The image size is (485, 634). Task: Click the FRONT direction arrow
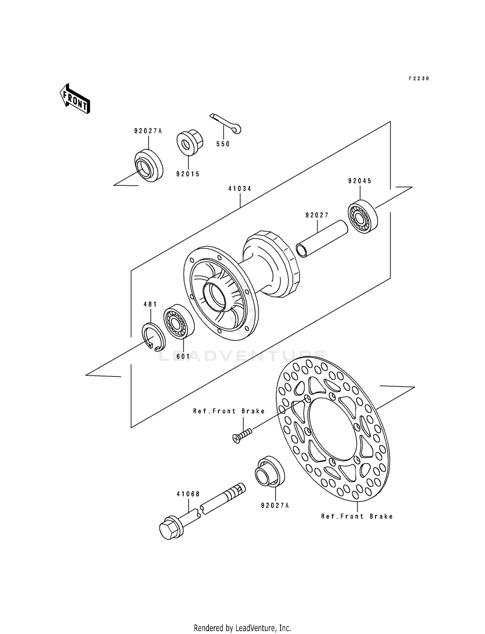(75, 98)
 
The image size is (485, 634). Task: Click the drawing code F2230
(419, 79)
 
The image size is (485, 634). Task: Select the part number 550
(223, 144)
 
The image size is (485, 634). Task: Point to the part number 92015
(188, 174)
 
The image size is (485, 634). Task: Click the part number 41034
(240, 188)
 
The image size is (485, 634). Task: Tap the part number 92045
(360, 181)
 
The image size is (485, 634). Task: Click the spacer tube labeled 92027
(322, 238)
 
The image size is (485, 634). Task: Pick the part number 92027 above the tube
(317, 215)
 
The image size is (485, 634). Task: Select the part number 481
(150, 304)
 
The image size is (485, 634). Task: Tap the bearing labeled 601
(178, 321)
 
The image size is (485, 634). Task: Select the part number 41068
(188, 494)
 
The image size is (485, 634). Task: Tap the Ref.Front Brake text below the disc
(357, 516)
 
